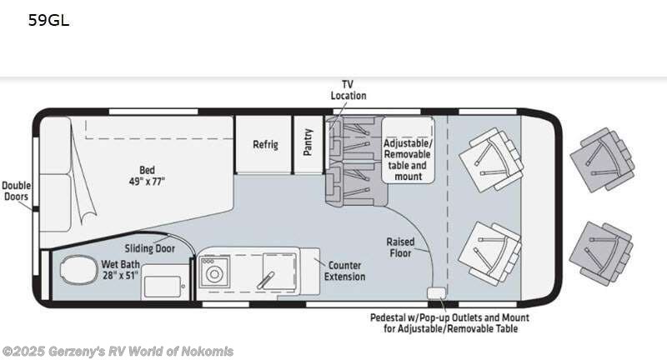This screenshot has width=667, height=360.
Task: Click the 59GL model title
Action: pos(48,21)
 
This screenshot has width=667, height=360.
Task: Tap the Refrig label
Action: pos(265,144)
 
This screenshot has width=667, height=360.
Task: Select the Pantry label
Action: pos(308,142)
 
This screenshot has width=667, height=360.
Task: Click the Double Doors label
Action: pos(15,191)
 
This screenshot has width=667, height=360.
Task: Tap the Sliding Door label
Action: pos(150,247)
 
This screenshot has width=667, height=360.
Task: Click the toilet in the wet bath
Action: pos(78,271)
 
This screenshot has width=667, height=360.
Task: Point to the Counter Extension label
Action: pos(345,271)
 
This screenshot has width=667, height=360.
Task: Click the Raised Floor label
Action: pos(400,247)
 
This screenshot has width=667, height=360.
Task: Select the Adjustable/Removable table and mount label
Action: pos(408,159)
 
